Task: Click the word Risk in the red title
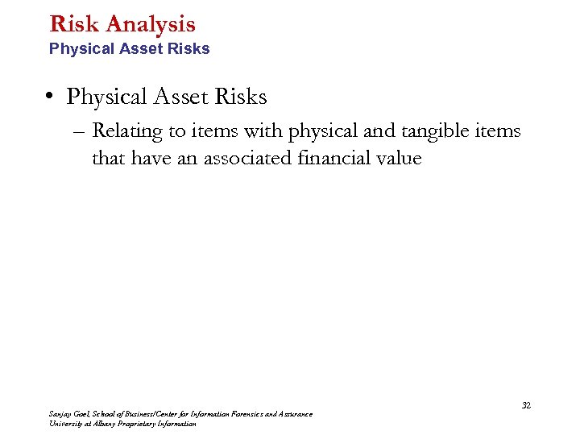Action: click(70, 24)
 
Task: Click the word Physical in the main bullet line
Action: click(101, 97)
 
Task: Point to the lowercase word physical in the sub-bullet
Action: click(320, 130)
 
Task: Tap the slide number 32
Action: click(526, 405)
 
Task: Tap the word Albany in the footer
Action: click(106, 424)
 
